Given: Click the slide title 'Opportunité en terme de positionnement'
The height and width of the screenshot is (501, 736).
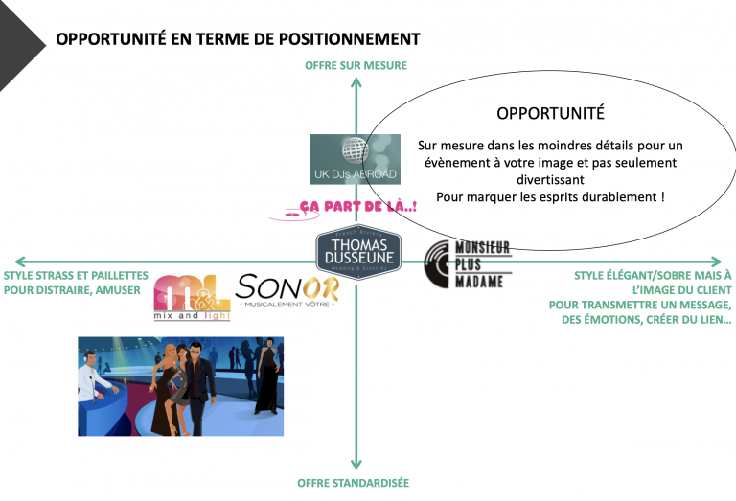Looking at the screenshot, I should click(x=238, y=39).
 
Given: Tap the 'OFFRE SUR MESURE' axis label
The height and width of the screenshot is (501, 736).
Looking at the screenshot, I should click(x=356, y=66).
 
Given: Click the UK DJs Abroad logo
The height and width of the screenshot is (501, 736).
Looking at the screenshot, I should click(x=355, y=159).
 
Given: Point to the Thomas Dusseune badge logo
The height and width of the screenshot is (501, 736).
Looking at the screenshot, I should click(x=358, y=250).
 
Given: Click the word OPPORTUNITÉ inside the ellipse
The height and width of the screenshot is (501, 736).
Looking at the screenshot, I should click(x=550, y=113).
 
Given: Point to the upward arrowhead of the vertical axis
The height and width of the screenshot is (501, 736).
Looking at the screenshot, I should click(x=356, y=83).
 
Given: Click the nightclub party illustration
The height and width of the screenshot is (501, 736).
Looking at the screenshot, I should click(x=180, y=386).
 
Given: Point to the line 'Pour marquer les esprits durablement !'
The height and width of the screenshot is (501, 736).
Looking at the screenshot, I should click(x=550, y=196).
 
